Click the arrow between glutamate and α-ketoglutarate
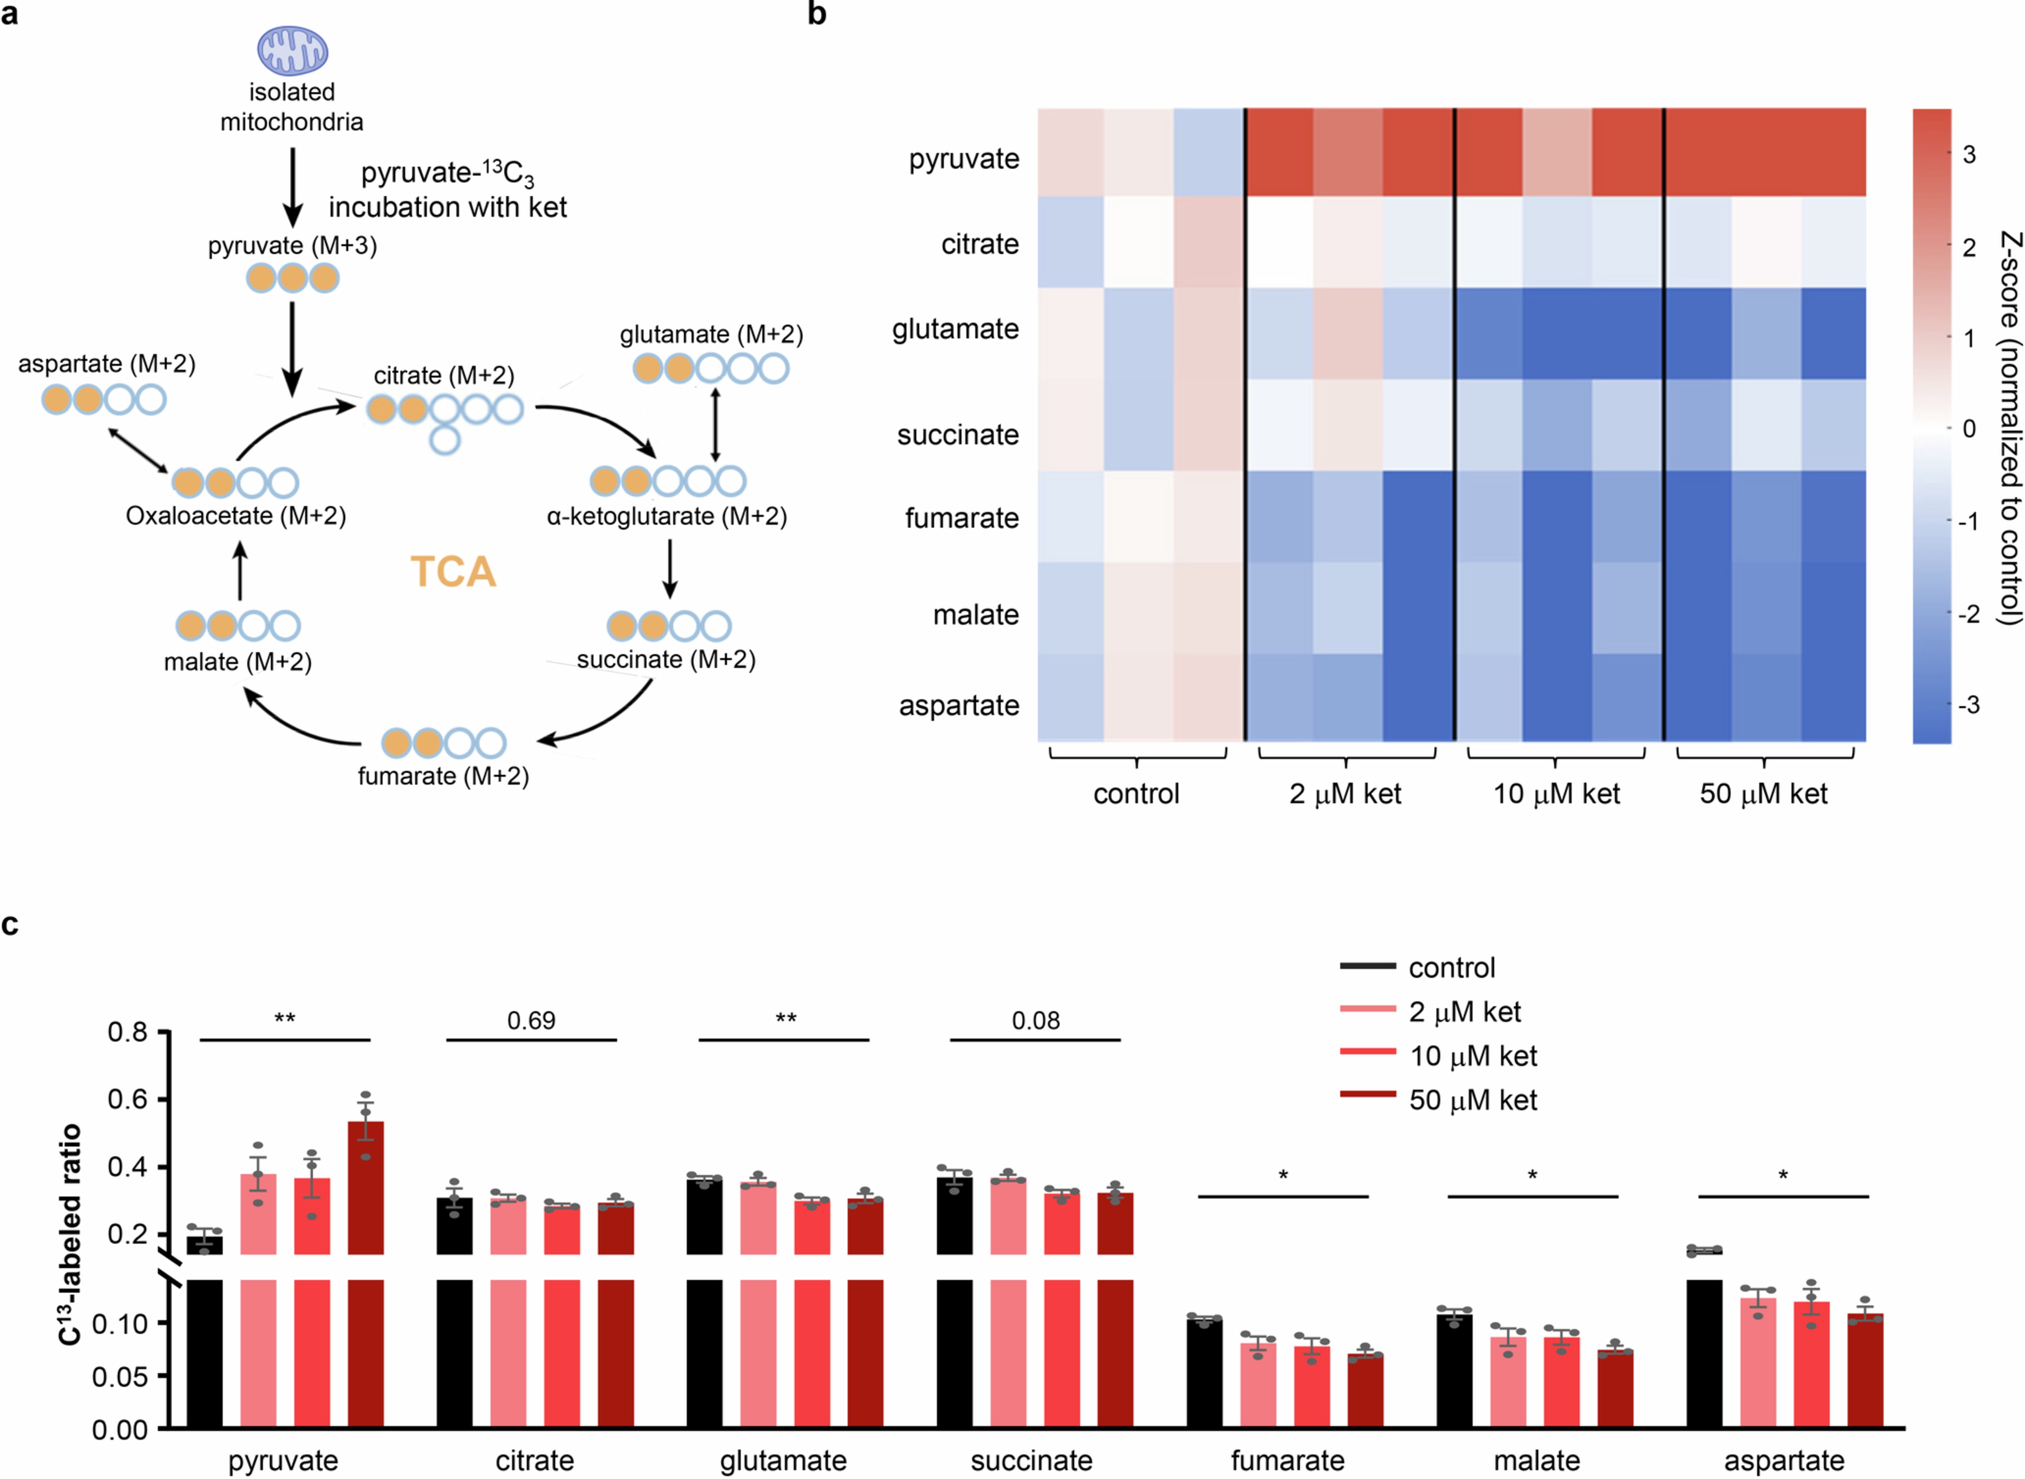click(715, 424)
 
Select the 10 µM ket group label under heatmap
click(1556, 794)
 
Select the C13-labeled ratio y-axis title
click(70, 1235)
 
